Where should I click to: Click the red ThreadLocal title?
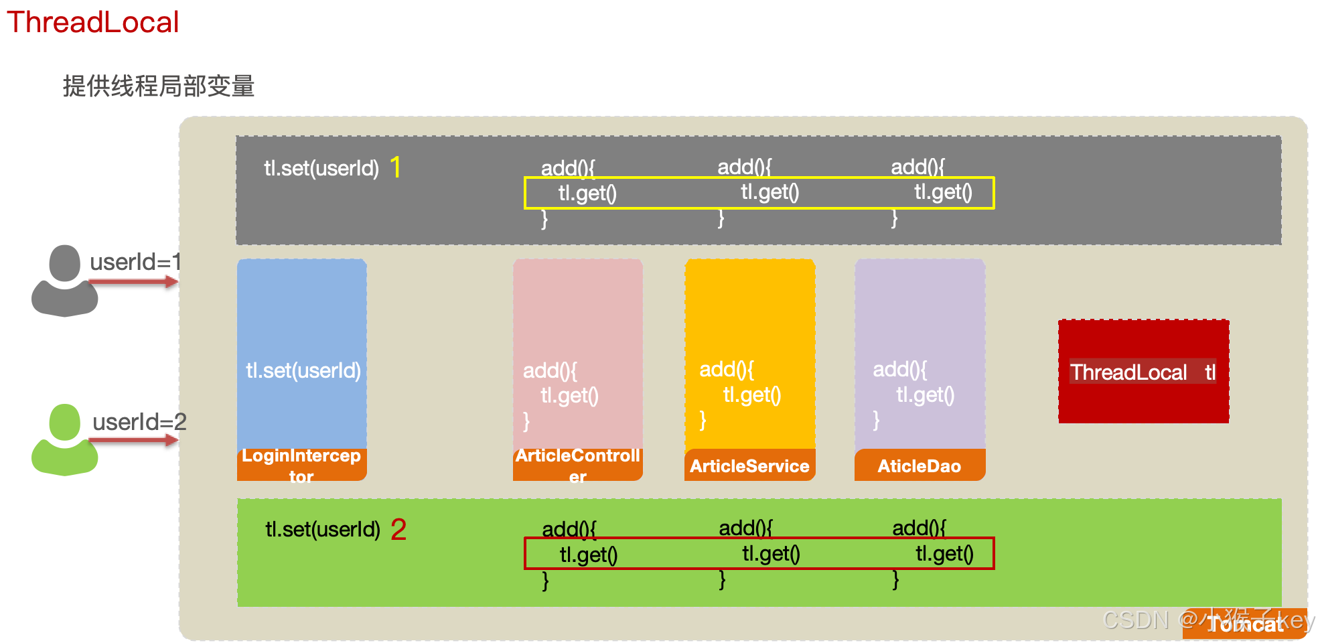pos(92,22)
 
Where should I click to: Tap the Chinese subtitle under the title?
pos(159,86)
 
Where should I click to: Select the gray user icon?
pos(64,281)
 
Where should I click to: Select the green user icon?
pos(64,439)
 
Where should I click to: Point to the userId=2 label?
pos(139,422)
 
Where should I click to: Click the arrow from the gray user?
pos(133,283)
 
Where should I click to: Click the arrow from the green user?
pos(133,441)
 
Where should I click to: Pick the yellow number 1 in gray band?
pos(396,167)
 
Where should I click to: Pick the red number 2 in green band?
pos(398,530)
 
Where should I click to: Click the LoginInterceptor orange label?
pos(301,466)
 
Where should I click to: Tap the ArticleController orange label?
pos(577,466)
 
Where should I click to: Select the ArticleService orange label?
pos(749,466)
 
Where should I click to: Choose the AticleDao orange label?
pos(920,466)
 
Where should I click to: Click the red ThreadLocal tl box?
pos(1143,372)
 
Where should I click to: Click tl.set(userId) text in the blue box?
pos(303,370)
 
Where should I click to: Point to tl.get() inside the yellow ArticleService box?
pos(752,395)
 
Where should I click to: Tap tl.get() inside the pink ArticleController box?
pos(569,396)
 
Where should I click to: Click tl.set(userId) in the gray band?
pos(321,168)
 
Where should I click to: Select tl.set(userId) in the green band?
pos(323,530)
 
